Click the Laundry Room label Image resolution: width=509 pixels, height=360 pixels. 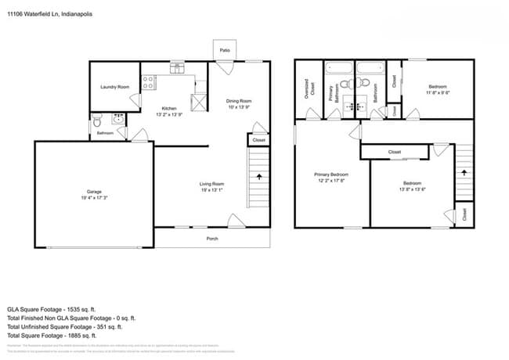(x=115, y=87)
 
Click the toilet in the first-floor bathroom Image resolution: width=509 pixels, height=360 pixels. (x=96, y=121)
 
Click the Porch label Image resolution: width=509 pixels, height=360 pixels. (x=212, y=238)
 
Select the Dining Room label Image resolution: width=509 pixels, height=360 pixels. (x=239, y=100)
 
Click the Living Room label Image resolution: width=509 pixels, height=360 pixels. (x=212, y=183)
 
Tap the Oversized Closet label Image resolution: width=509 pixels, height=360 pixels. (x=309, y=88)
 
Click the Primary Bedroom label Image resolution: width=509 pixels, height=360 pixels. (x=331, y=174)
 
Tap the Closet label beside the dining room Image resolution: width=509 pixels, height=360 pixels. (x=258, y=140)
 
